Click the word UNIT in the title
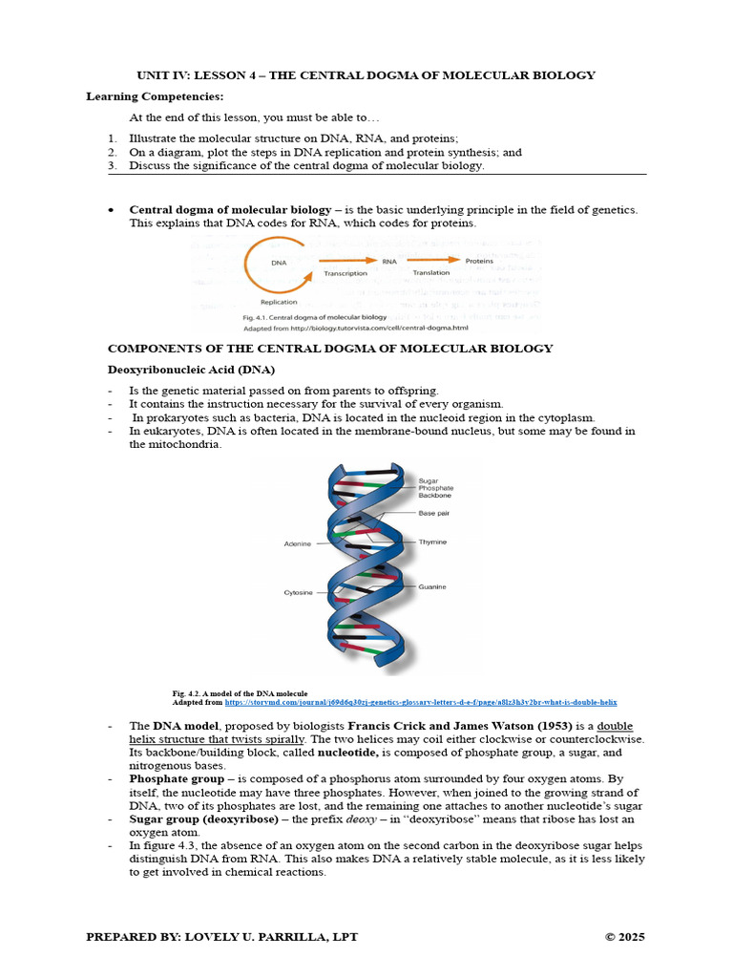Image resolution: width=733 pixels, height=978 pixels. coord(151,75)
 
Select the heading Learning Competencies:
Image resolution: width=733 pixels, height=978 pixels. coord(155,96)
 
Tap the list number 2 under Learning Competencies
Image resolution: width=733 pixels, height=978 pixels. coord(112,152)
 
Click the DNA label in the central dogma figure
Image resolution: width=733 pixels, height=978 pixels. coord(279,262)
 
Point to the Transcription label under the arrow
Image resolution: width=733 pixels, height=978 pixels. coord(346,273)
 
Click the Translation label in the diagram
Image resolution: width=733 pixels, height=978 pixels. coord(431,273)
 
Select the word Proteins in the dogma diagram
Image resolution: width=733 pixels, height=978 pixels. coord(479,261)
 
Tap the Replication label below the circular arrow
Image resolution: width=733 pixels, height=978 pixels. coord(279,301)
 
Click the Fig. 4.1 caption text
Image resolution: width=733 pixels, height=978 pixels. coord(314,316)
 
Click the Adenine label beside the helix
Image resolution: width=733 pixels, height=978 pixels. coord(298,543)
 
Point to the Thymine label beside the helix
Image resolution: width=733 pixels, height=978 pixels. coord(432,542)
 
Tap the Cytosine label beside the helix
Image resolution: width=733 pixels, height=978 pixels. coord(298,592)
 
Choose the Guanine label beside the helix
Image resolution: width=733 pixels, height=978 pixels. coord(432,585)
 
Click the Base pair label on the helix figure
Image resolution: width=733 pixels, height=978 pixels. coord(434,513)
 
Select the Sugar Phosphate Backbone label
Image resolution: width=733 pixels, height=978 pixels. coord(436,488)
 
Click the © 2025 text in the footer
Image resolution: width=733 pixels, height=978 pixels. coord(624,937)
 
